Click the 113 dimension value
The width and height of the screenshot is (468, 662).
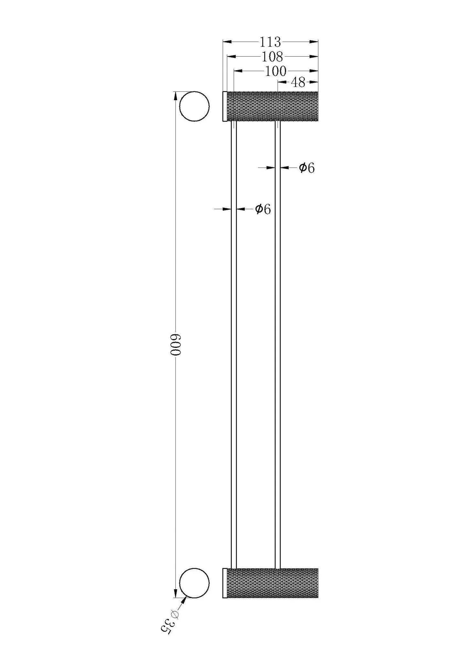(x=271, y=42)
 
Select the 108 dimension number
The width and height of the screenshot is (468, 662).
(x=272, y=57)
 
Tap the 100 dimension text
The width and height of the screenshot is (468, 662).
(x=275, y=71)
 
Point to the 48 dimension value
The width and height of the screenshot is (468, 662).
(x=298, y=83)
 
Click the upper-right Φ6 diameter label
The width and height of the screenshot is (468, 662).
(x=306, y=168)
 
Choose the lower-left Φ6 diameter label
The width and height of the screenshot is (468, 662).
(x=262, y=209)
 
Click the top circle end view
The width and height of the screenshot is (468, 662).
(x=194, y=106)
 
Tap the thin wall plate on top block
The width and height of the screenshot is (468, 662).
(x=224, y=106)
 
